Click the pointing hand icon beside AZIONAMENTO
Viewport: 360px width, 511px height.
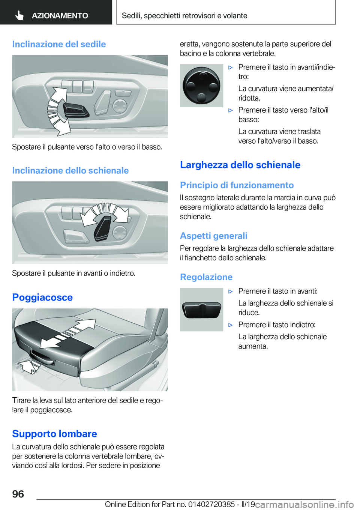coord(19,15)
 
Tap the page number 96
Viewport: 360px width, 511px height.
coord(18,494)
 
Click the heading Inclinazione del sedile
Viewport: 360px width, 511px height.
coord(59,44)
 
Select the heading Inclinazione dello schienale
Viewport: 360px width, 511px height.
coord(70,171)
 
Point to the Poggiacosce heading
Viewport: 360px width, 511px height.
coord(42,298)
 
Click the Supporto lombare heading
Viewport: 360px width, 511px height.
coord(54,434)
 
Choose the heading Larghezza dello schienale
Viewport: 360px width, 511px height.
coord(240,165)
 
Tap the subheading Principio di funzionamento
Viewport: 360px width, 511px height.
coord(237,185)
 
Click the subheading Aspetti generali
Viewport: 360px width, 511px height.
coord(213,236)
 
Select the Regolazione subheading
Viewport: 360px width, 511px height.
coord(206,277)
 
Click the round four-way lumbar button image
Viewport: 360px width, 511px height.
coord(201,86)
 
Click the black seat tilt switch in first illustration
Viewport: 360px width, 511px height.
coord(76,110)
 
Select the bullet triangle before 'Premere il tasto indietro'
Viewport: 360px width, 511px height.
coord(231,325)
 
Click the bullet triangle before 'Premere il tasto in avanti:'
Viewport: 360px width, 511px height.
coord(231,292)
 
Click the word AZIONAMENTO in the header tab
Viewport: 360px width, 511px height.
coord(60,16)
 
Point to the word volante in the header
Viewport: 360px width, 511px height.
coord(235,16)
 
